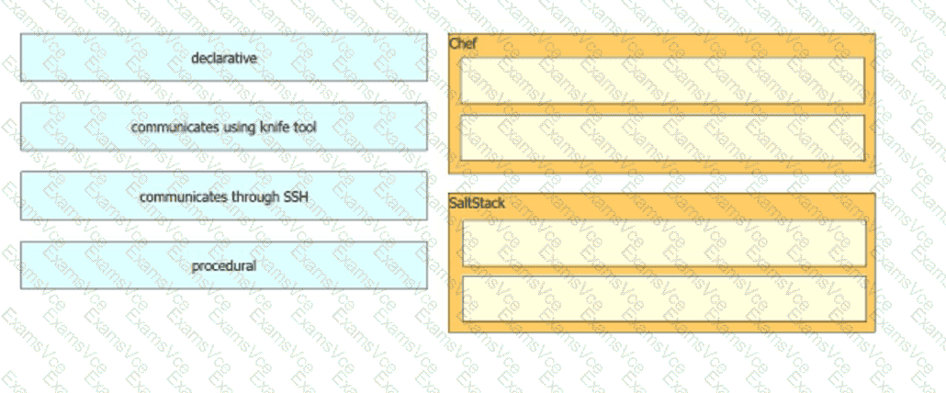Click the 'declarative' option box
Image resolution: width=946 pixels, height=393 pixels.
click(x=224, y=57)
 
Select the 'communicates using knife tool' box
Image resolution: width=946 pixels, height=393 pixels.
click(x=224, y=127)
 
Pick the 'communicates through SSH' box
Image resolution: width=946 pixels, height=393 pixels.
click(x=224, y=196)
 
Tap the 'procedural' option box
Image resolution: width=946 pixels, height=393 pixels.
click(x=224, y=265)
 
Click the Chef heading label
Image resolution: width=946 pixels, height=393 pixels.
click(x=463, y=44)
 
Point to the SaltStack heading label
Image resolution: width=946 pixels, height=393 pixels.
click(x=477, y=203)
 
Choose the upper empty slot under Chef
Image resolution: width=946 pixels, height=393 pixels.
click(x=662, y=81)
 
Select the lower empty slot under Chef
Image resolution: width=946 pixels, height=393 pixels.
click(x=662, y=138)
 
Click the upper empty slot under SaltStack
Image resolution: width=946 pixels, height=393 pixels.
click(x=664, y=243)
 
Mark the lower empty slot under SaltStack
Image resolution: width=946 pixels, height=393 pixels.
click(x=664, y=299)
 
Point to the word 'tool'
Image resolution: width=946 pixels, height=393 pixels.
click(x=305, y=128)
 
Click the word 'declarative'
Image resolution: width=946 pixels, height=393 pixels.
click(x=224, y=58)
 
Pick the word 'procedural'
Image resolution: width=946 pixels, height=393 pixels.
click(x=224, y=265)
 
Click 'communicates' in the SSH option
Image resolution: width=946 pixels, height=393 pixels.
click(x=178, y=197)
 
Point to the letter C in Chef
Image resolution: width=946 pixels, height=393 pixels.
click(x=454, y=44)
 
